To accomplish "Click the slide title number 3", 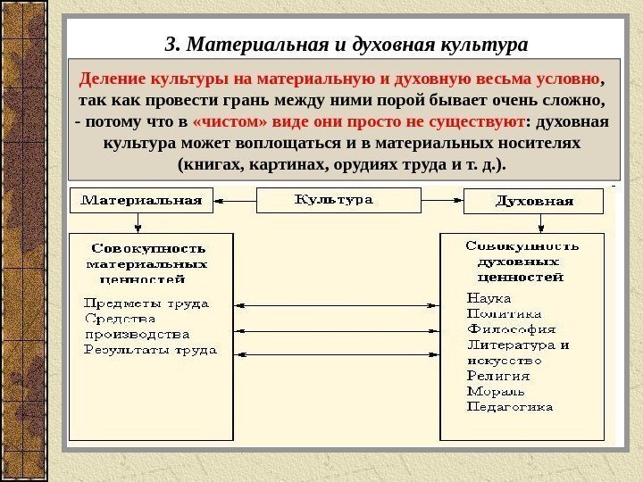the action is click(171, 44).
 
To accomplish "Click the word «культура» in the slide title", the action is click(482, 44).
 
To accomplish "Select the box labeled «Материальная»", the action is click(142, 200).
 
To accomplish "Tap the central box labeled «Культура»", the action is click(338, 200).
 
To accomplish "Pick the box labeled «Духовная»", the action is click(533, 201).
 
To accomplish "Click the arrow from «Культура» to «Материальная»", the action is click(236, 200).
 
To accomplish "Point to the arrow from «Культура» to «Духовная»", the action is click(442, 200).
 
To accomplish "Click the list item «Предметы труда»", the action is click(146, 303).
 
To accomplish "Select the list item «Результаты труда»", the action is click(150, 350).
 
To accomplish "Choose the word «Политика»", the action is click(505, 313).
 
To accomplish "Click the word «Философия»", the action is click(511, 328).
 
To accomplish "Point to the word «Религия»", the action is click(498, 376).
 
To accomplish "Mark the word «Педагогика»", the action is click(510, 407).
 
